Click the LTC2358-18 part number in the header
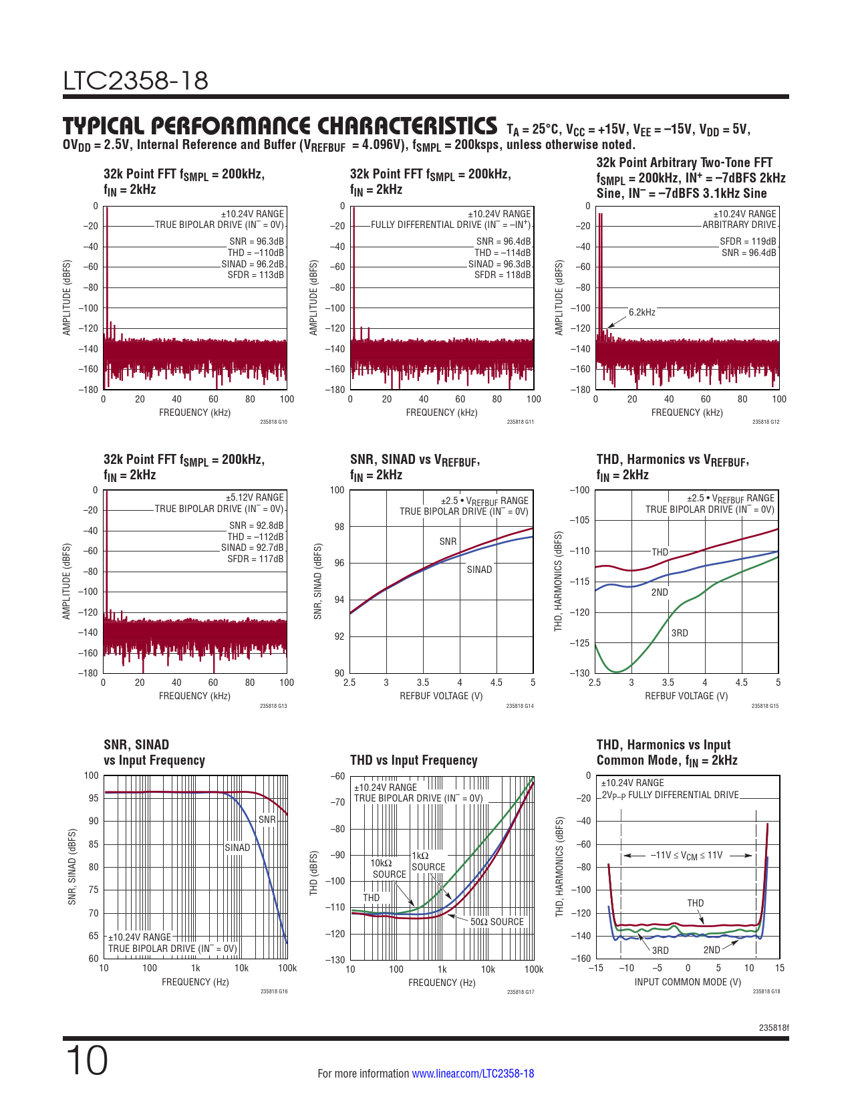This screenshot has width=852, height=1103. coord(136,81)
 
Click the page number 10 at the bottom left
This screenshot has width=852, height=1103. coord(86,1061)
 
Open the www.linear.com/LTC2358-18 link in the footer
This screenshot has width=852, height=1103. coord(472,1074)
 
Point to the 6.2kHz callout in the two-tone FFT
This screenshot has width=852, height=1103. coord(642,312)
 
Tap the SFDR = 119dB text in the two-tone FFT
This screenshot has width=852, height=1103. coord(748,241)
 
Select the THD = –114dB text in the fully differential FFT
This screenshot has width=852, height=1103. coord(503,253)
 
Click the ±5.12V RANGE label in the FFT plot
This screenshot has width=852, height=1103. coord(255,497)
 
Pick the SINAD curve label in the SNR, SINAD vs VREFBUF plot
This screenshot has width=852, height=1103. coord(479,570)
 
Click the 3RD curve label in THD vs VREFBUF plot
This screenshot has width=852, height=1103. coord(680,633)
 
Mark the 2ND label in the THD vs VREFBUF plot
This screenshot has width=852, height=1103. coord(660,592)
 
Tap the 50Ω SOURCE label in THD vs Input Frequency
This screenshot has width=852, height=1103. coord(497,922)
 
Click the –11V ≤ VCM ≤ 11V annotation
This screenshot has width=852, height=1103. coord(686,856)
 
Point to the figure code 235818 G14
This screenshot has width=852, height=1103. coord(520,706)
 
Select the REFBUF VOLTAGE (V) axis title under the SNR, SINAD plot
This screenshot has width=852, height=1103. coord(441,696)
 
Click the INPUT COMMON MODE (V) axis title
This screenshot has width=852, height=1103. coord(688,982)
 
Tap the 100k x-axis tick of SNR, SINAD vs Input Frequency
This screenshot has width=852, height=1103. coord(287,968)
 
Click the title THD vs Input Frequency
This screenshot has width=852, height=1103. coord(414,760)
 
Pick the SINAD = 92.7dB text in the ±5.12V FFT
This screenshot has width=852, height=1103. coord(253,547)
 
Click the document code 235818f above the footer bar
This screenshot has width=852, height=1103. coord(774,1027)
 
